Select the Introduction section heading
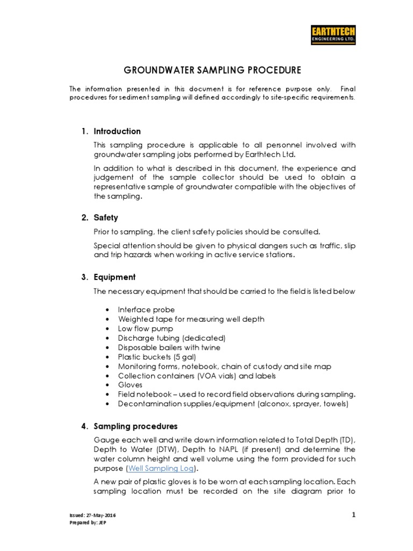(x=117, y=131)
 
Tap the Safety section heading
(x=106, y=218)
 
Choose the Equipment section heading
(x=115, y=277)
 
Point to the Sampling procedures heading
(x=136, y=426)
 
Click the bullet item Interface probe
(x=146, y=310)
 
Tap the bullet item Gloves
(x=130, y=385)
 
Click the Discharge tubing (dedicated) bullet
(x=172, y=338)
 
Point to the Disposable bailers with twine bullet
(x=169, y=347)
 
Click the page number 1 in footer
(x=353, y=515)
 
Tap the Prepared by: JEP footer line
(x=85, y=523)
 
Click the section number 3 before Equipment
(x=84, y=277)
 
